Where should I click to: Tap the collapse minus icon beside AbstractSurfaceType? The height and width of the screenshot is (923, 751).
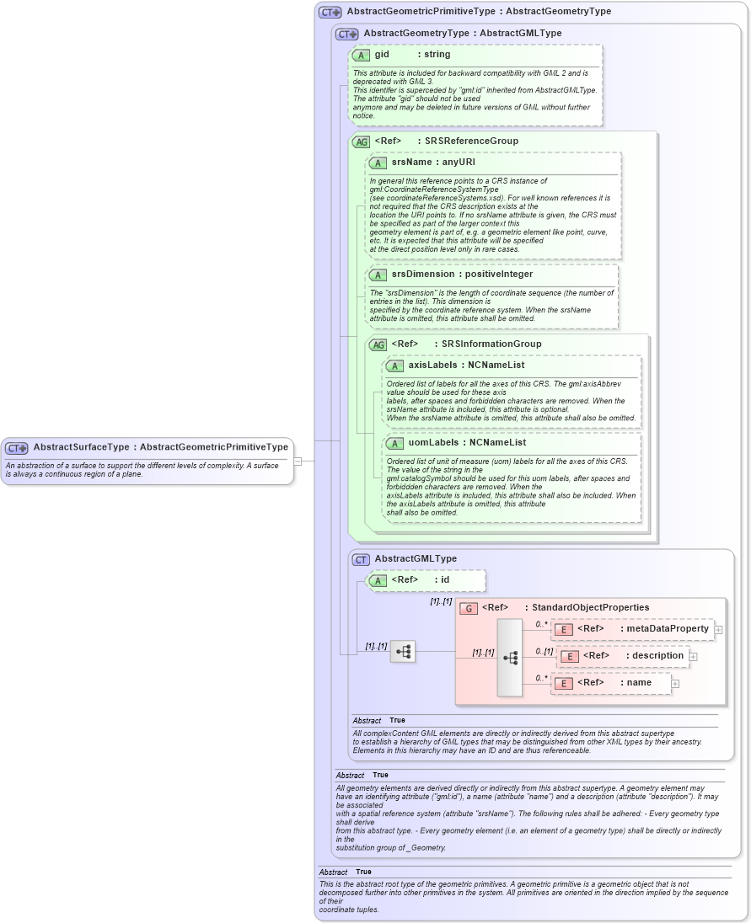[298, 461]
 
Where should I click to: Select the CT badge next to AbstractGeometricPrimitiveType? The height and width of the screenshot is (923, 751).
[330, 12]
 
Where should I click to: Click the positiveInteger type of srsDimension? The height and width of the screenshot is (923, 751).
[498, 274]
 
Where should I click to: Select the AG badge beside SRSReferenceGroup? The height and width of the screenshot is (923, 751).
[362, 141]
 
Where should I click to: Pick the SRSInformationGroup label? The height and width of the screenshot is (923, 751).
[491, 344]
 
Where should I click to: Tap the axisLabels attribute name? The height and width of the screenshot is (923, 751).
[432, 365]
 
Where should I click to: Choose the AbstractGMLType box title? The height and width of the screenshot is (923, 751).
[416, 558]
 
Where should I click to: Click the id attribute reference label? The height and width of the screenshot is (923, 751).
[445, 579]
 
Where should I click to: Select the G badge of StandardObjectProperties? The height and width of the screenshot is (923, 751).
[469, 608]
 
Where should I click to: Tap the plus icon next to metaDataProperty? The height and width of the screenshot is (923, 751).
[718, 629]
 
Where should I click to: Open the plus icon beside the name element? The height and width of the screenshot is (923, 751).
[675, 683]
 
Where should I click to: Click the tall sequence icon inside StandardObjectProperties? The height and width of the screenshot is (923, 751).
[510, 658]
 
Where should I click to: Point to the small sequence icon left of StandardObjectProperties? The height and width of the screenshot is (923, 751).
[403, 651]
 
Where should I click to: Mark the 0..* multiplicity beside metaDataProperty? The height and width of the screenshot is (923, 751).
[541, 624]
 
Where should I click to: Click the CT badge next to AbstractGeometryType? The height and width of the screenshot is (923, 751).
[346, 34]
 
